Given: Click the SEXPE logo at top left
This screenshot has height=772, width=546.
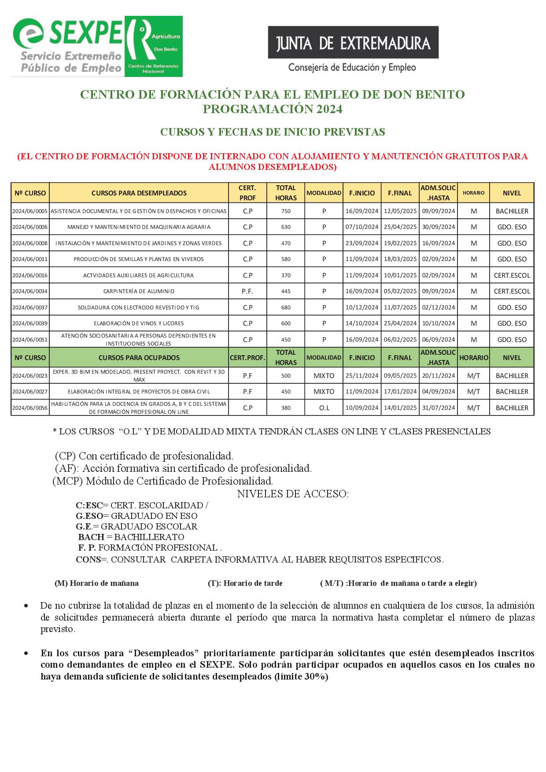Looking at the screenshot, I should (x=97, y=46).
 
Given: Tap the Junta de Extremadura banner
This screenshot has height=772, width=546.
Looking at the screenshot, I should (x=353, y=43).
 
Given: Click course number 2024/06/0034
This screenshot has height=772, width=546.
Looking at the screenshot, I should (x=30, y=291).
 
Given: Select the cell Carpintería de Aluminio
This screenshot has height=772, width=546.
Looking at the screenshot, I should (x=139, y=291).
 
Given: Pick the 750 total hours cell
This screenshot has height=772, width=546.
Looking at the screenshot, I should (x=286, y=211).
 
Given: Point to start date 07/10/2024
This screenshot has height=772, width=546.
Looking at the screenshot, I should (x=362, y=227).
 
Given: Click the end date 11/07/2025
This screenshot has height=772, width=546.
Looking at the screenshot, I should (x=400, y=308).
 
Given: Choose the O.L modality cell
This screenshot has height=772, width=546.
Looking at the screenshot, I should (x=324, y=408).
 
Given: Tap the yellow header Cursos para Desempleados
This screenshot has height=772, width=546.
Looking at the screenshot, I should (x=139, y=193).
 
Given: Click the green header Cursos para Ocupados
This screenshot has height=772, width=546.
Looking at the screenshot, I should (x=139, y=358).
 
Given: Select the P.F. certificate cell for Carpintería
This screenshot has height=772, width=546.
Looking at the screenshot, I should (x=247, y=291).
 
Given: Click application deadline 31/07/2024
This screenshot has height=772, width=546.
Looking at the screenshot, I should (x=438, y=408).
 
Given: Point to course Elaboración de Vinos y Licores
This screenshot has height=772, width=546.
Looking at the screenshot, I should (x=139, y=324).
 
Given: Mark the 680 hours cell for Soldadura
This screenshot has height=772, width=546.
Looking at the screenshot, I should (x=286, y=308).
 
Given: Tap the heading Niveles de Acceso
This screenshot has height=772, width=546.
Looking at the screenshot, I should (x=293, y=494).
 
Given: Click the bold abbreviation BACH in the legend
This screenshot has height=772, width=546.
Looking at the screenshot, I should (x=91, y=537).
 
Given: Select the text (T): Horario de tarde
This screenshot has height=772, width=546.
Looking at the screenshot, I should (x=245, y=583).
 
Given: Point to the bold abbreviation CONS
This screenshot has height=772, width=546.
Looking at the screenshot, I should (x=88, y=559).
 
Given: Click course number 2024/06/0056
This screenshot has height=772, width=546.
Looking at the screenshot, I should (x=30, y=408).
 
